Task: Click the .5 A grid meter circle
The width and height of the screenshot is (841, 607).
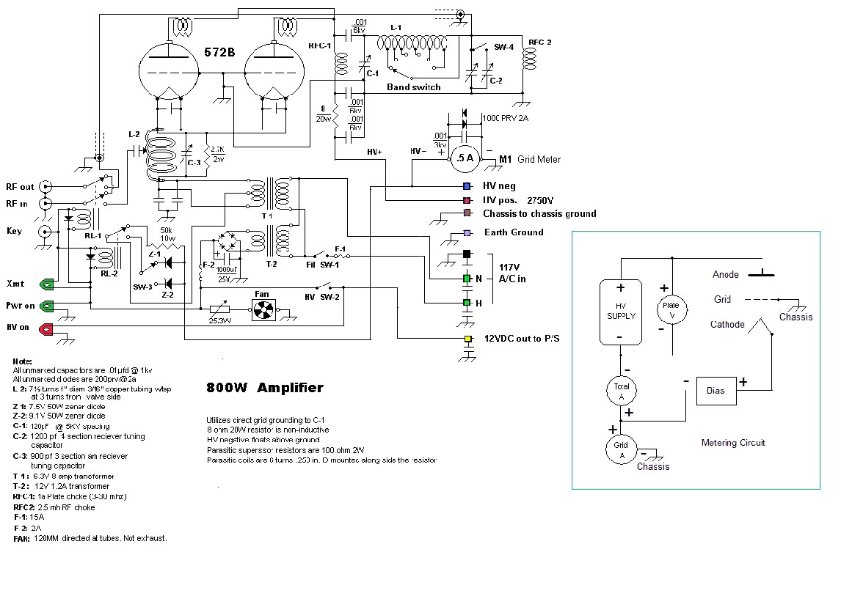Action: pos(464,157)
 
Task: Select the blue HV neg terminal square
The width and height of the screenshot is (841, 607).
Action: pos(466,186)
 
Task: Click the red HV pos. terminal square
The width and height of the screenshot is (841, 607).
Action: pos(466,199)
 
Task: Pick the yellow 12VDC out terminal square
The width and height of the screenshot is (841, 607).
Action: pos(467,339)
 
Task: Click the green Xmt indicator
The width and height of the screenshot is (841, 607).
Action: pos(47,284)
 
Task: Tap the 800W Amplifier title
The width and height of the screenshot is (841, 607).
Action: pos(264,388)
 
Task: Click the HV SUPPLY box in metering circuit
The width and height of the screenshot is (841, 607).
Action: pos(621,311)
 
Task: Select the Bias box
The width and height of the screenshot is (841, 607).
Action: pos(715,390)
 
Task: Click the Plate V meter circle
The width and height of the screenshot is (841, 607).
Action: pos(671,309)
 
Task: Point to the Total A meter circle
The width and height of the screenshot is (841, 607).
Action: pos(621,391)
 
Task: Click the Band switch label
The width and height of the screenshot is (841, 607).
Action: pos(414,87)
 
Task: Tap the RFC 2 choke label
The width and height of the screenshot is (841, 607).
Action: pos(540,42)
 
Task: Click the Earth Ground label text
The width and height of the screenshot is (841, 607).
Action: pos(513,232)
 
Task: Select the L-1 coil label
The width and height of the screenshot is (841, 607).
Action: pos(396,28)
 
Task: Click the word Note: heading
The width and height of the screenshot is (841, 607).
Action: pos(23,361)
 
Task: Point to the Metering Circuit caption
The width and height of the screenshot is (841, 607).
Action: pos(733,443)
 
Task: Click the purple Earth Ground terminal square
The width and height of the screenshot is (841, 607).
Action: pos(466,233)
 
